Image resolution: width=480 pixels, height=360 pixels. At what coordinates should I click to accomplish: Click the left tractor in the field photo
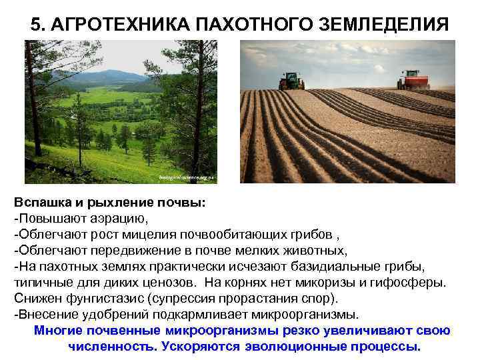point(291,81)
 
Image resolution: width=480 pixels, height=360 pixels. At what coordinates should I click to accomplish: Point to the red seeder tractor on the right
point(413,80)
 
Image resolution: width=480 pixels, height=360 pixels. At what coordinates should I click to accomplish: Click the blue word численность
point(108,347)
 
